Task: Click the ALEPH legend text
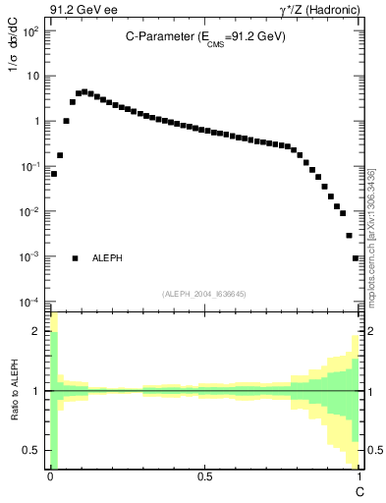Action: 107,258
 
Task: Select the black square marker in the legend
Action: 75,258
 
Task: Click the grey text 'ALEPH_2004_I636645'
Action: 204,293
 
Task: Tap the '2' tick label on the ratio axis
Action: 36,331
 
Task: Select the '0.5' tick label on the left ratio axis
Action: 33,450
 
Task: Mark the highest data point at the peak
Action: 84,91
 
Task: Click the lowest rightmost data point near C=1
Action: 356,258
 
